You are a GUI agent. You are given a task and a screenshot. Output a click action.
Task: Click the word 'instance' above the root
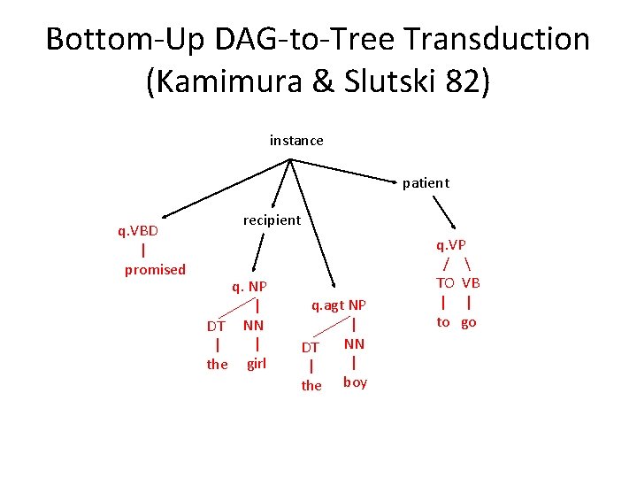[296, 141]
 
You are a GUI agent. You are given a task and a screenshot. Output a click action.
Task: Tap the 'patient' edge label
[426, 183]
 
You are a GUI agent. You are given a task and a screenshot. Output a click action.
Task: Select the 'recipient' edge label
[272, 220]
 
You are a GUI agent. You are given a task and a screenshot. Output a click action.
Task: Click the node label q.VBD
[138, 231]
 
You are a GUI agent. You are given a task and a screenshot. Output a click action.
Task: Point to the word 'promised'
[155, 270]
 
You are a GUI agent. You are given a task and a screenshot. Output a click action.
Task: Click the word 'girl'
[256, 363]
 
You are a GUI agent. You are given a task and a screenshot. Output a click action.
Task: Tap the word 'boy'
[355, 382]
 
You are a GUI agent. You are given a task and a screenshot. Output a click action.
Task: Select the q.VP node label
[450, 245]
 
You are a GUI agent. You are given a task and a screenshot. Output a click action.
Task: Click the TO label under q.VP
[444, 283]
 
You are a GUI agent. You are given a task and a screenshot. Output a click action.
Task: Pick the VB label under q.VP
[471, 283]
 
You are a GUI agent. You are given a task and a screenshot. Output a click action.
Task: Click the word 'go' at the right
[468, 322]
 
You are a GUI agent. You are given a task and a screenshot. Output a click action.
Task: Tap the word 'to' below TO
[443, 322]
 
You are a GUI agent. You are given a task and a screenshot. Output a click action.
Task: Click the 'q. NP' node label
[249, 287]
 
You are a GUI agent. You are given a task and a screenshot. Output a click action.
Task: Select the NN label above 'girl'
[254, 325]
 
